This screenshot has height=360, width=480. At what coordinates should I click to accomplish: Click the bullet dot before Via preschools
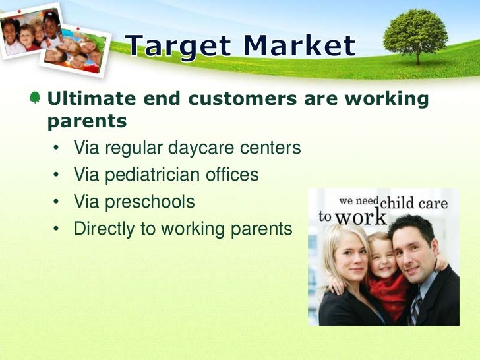tap(59, 202)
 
